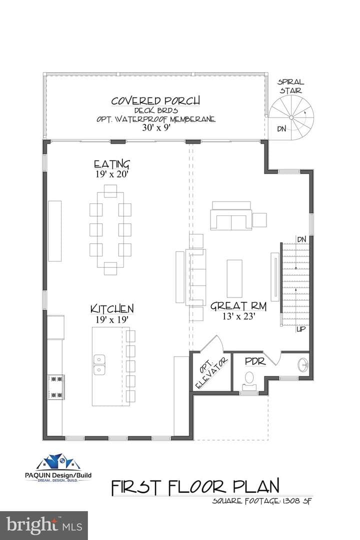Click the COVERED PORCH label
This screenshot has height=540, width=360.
click(x=155, y=101)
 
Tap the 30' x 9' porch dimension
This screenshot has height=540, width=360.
click(x=156, y=127)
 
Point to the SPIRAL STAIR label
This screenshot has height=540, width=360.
click(x=291, y=86)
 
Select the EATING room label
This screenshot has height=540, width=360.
click(x=112, y=164)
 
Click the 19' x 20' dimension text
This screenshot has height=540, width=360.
click(x=112, y=174)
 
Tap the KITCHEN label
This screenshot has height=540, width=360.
click(x=112, y=309)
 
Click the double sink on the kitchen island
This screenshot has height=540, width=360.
click(x=99, y=365)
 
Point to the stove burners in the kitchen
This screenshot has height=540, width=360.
click(x=56, y=386)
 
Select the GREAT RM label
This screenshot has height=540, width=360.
click(x=238, y=306)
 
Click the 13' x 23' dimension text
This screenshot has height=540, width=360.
click(x=238, y=316)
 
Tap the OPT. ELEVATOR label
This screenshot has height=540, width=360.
click(x=211, y=373)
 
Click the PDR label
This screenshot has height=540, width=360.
click(x=255, y=361)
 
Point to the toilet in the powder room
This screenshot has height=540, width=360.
click(x=248, y=378)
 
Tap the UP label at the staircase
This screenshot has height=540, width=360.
click(x=301, y=329)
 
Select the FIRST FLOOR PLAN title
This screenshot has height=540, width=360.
click(x=195, y=486)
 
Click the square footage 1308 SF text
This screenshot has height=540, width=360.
click(x=262, y=500)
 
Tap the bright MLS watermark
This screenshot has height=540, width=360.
click(x=44, y=525)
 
